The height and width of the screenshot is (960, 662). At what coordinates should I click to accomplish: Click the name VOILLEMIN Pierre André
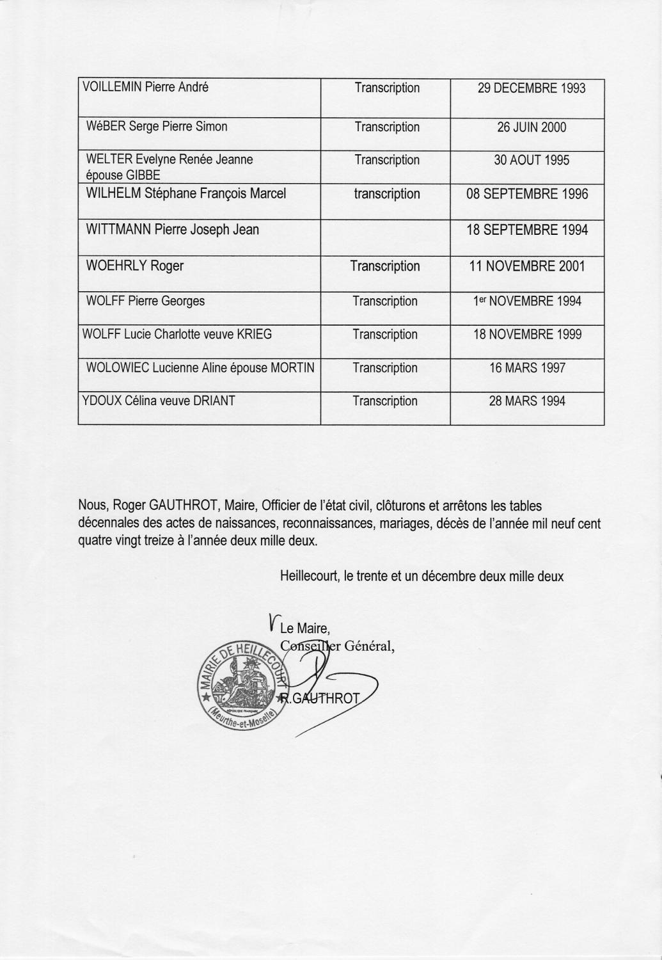[146, 88]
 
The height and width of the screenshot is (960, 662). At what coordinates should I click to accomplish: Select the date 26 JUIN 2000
[532, 127]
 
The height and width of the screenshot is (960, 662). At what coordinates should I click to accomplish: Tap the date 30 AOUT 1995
[532, 160]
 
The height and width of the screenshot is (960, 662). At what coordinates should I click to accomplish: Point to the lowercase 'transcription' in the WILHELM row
[387, 194]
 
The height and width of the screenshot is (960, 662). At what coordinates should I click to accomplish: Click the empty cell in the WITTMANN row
[385, 237]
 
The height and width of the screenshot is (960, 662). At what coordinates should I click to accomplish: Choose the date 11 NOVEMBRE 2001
[527, 266]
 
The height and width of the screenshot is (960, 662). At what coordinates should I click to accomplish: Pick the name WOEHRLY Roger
[134, 266]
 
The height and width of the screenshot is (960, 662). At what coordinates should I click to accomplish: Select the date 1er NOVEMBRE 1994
[527, 301]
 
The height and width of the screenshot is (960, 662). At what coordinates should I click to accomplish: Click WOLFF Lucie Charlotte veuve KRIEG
[177, 334]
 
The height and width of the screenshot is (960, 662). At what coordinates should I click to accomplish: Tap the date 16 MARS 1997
[527, 368]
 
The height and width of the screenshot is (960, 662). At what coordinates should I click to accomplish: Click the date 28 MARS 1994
[527, 401]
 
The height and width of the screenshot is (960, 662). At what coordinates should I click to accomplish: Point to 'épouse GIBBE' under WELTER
[123, 175]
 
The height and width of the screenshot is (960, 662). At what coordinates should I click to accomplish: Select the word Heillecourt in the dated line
[310, 576]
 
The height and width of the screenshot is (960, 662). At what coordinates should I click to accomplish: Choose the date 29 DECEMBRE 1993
[532, 88]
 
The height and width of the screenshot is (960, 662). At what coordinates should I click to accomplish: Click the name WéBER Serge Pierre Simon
[157, 127]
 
